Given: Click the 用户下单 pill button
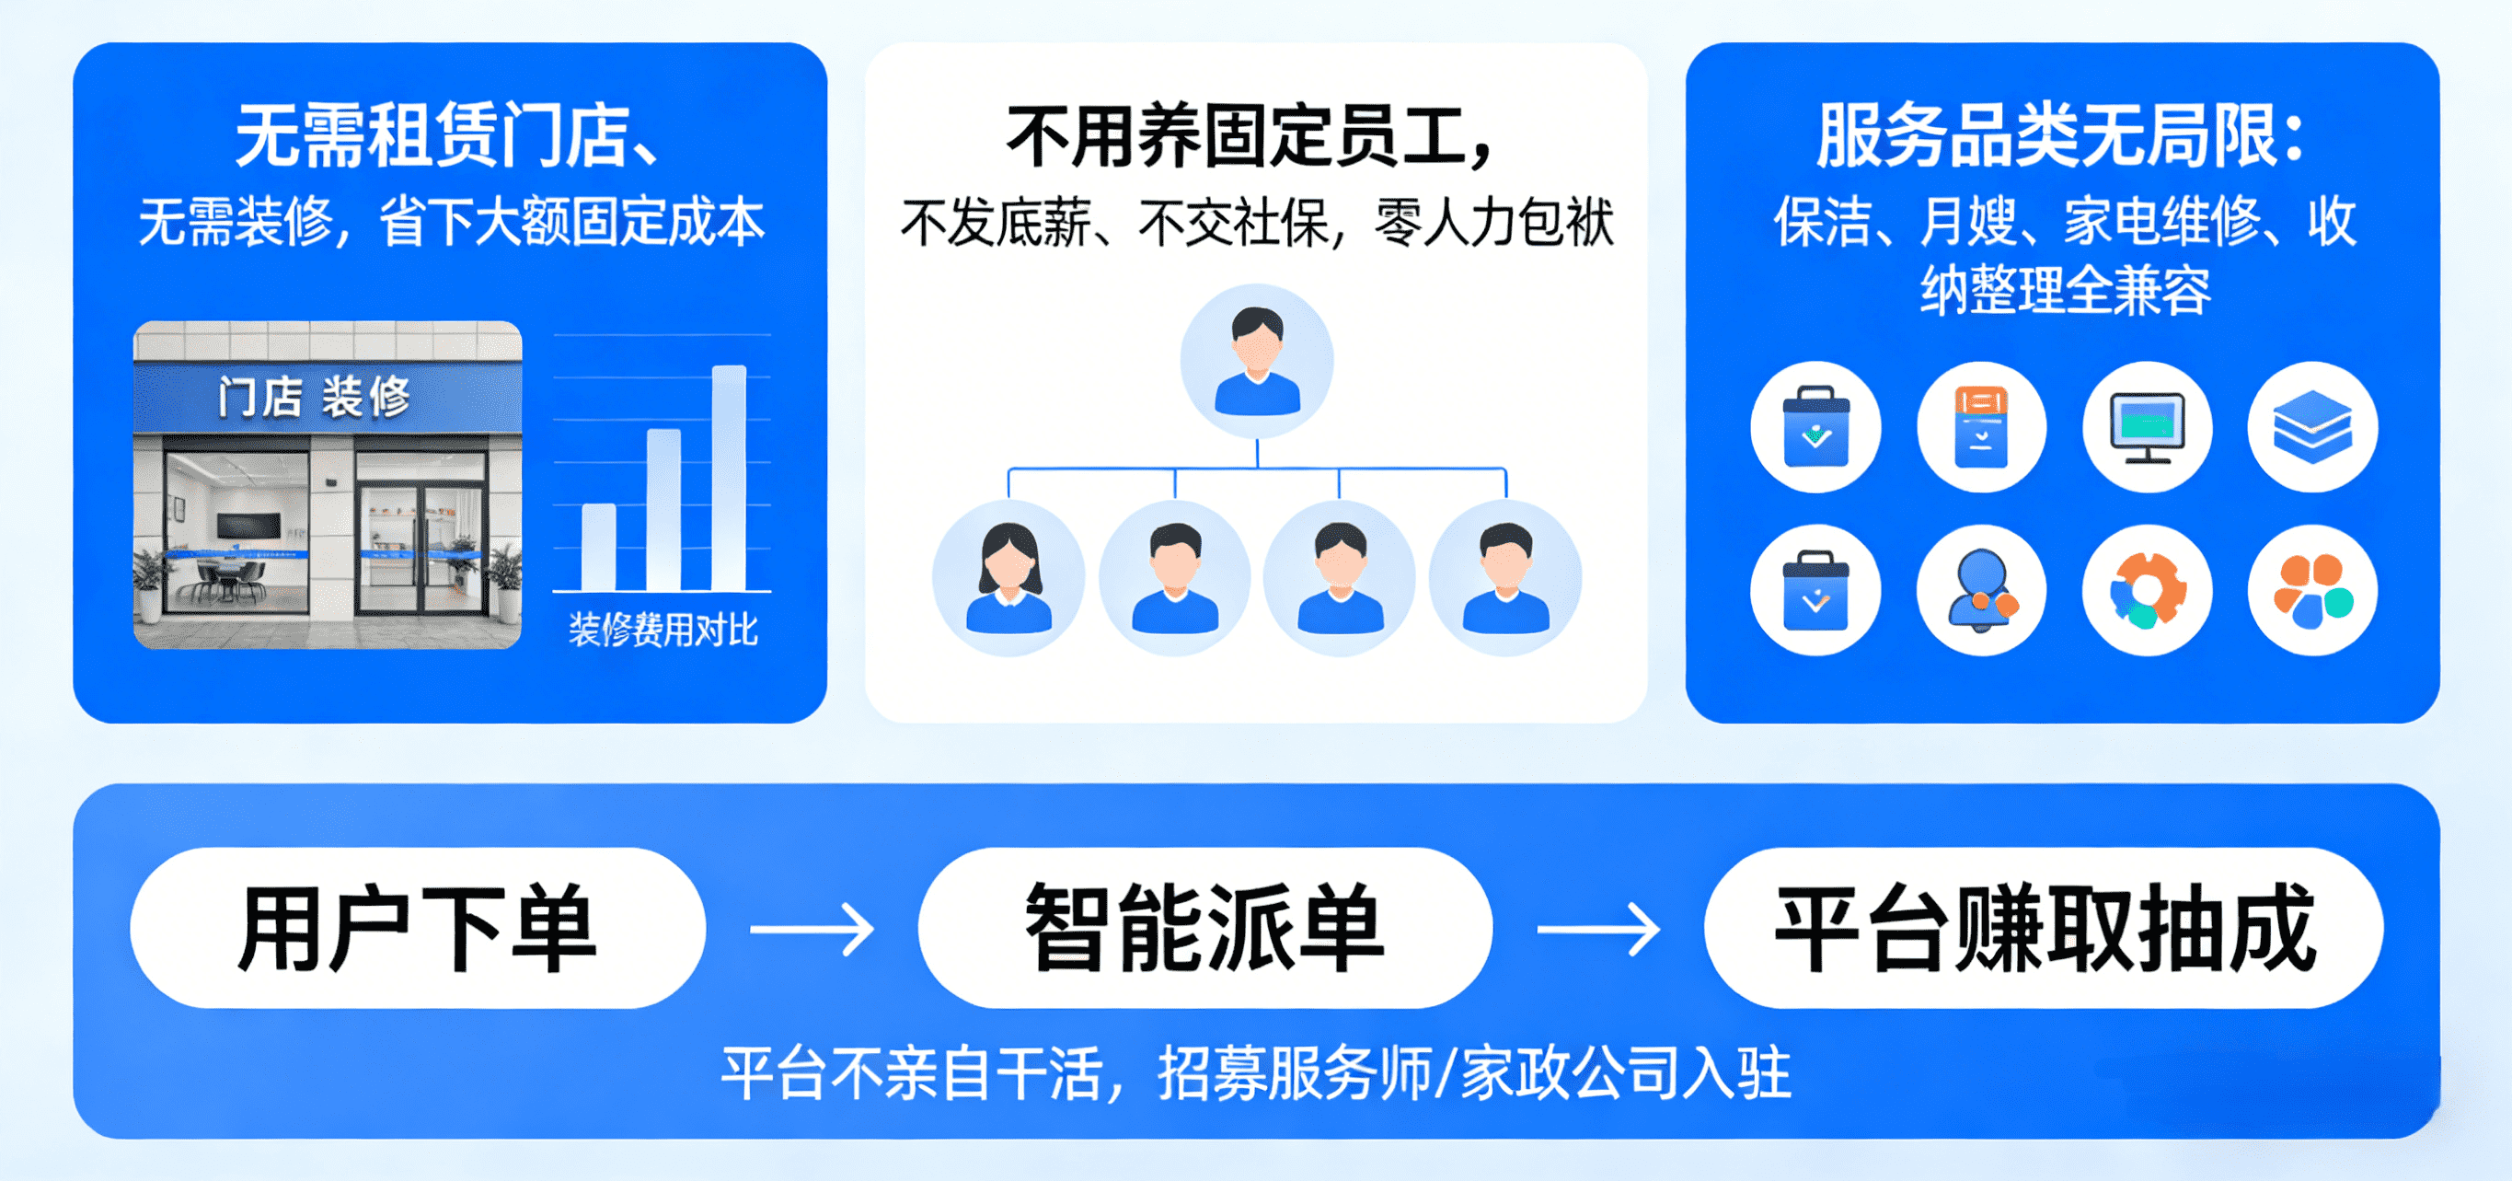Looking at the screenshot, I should pos(418,928).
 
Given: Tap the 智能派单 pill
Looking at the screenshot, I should pos(1205,928).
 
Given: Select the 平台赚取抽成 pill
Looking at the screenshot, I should pos(2044,928).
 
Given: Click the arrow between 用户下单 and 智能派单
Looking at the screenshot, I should pos(812,930).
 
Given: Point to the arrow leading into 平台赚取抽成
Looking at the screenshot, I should pos(1598,930).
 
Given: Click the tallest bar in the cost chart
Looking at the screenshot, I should pos(729,478).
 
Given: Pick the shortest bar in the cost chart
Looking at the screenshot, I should pos(599,546).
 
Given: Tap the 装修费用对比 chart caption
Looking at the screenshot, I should pos(663,630).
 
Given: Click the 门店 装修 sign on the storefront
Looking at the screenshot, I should pos(314,397).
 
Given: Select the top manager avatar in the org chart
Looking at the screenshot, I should pos(1257,361).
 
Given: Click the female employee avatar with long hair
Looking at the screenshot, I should pos(1008,577).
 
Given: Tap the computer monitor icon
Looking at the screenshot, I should pos(2148,427).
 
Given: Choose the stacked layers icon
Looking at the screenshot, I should pos(2312,427).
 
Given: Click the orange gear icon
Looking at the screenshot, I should pos(2148,590).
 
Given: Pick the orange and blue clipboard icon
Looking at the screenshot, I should pos(1981,427).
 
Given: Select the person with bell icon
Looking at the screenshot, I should pos(1981,590).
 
